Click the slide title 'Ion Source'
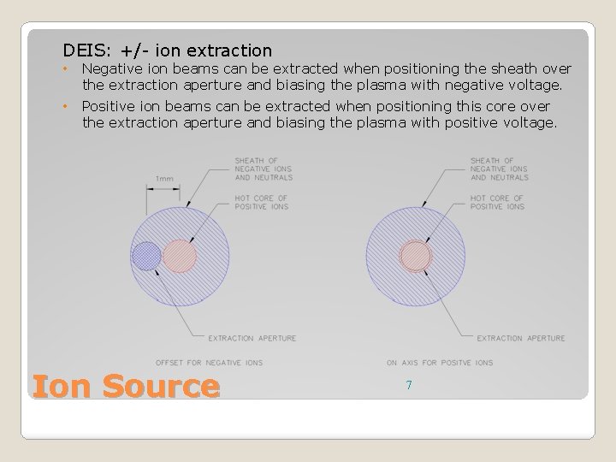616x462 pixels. click(125, 386)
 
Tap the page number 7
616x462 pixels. click(409, 386)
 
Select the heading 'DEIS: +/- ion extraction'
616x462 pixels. click(167, 51)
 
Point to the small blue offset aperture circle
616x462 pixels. click(146, 255)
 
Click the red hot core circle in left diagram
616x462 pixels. click(180, 256)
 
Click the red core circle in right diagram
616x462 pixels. click(416, 256)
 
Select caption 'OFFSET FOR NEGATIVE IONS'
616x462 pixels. click(209, 363)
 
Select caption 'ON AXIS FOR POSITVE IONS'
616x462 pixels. click(440, 363)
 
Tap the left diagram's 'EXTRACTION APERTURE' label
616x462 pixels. click(252, 338)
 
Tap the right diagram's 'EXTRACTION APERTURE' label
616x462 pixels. click(521, 338)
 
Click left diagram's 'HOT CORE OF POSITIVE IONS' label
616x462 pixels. click(261, 202)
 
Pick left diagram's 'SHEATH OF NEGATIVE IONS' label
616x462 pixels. click(263, 169)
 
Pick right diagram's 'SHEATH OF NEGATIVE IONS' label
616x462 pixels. click(500, 169)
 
